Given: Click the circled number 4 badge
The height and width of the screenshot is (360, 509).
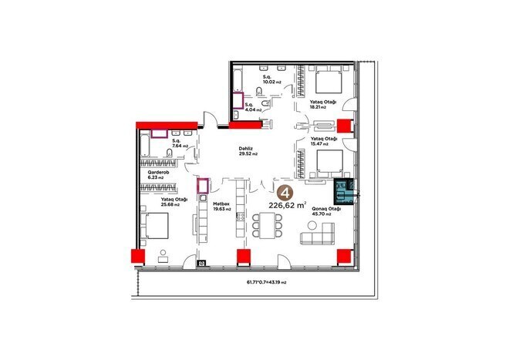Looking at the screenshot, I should click(x=286, y=193).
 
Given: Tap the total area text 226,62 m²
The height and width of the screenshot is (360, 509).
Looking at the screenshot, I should click(x=286, y=206).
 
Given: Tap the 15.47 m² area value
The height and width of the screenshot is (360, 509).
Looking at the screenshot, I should click(x=319, y=143).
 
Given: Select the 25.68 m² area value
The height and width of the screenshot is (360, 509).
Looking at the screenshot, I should click(x=170, y=205).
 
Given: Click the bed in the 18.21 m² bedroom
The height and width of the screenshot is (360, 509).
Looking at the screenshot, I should click(x=329, y=81).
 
